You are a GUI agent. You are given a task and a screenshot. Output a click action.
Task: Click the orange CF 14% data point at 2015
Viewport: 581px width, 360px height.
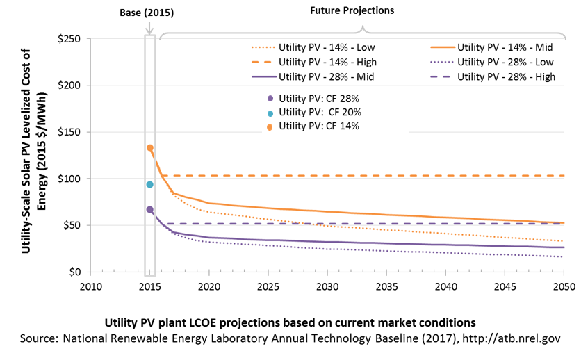[x=149, y=148]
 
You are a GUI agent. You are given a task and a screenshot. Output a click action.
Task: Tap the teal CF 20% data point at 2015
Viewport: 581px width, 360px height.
[x=149, y=184]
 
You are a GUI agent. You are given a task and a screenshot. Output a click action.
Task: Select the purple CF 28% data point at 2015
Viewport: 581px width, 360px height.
[x=149, y=210]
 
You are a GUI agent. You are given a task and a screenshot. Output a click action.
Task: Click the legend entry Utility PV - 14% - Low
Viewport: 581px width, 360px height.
[x=313, y=47]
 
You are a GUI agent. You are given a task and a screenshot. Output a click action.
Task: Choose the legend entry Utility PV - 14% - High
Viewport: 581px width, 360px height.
[x=314, y=62]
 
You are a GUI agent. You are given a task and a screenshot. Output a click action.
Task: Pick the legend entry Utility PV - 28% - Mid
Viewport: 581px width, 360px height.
[x=313, y=76]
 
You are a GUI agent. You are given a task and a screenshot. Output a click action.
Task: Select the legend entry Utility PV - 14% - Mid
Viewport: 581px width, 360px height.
[x=492, y=47]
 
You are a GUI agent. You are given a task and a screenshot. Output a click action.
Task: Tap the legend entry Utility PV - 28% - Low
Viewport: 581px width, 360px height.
[x=492, y=62]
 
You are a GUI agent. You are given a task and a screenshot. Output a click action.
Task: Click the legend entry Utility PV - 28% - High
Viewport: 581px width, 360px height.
[x=493, y=76]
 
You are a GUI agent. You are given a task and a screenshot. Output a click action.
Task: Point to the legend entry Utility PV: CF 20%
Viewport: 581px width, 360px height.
[x=314, y=112]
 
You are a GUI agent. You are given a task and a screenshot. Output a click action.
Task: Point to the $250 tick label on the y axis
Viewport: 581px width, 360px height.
[x=69, y=39]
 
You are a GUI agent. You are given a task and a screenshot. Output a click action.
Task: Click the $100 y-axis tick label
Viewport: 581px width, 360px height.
[x=69, y=179]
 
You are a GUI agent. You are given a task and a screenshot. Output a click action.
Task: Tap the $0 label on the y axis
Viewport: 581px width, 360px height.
[x=75, y=272]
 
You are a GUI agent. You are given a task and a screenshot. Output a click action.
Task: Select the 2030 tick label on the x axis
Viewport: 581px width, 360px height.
[x=327, y=286]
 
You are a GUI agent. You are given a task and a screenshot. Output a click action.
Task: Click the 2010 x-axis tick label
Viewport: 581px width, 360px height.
[x=91, y=286]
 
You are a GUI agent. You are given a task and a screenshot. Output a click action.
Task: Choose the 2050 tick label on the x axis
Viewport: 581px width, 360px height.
[x=564, y=286]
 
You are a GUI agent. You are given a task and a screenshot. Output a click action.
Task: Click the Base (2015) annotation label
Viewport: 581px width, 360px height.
[x=147, y=13]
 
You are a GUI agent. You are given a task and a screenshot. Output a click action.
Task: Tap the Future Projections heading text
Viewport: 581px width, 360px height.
[x=352, y=10]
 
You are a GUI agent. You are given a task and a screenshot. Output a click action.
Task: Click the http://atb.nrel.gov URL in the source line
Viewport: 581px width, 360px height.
[x=512, y=338]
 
